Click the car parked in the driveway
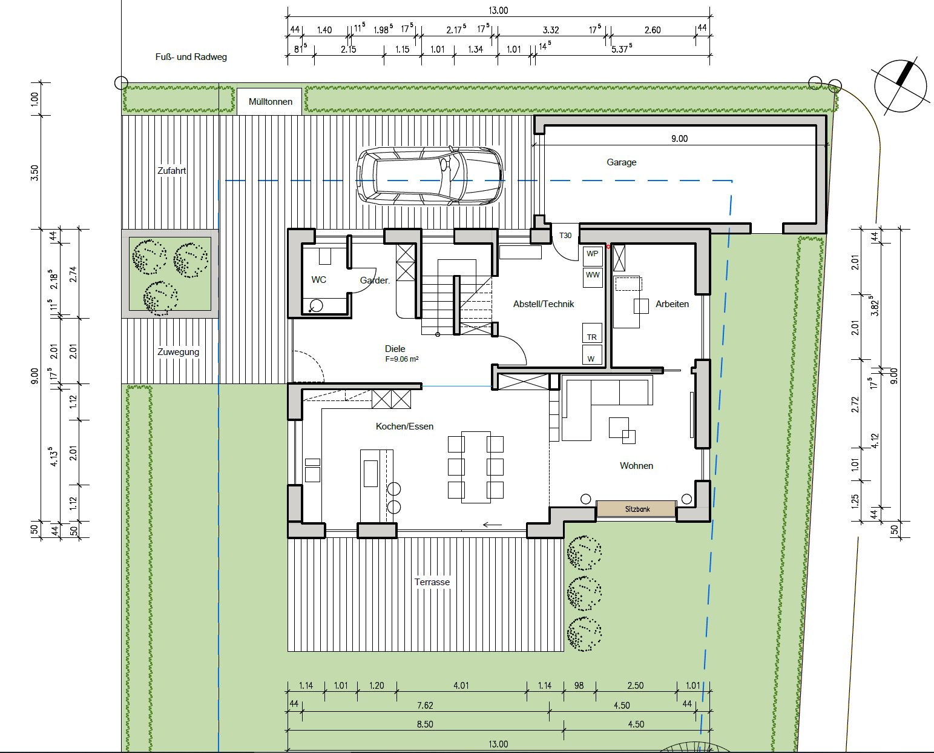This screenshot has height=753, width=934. [x=430, y=176]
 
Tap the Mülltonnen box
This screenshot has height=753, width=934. [x=269, y=101]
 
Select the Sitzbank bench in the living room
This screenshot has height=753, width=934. [x=636, y=509]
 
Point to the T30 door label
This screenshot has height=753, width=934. [x=565, y=236]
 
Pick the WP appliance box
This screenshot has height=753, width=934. [x=593, y=255]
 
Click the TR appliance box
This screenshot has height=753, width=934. [x=592, y=333]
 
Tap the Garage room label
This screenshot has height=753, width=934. [x=622, y=162]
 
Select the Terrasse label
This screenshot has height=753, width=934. [x=432, y=582]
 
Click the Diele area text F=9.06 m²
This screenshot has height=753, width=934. [x=402, y=359]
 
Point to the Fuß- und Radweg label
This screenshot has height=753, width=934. [x=191, y=57]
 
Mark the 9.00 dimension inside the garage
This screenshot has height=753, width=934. [x=679, y=139]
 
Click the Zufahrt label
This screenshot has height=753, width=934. [x=171, y=171]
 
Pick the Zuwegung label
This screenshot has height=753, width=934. [x=178, y=352]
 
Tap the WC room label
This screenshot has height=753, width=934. [x=318, y=280]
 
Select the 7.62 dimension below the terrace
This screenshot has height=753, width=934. [x=425, y=705]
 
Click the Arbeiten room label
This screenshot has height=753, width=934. [x=672, y=304]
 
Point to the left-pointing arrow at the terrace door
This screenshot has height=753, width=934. [x=492, y=525]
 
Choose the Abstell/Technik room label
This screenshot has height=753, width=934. [x=544, y=304]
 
